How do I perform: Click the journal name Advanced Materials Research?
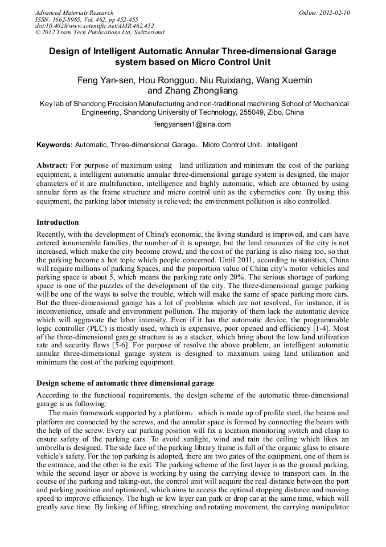tap(74, 13)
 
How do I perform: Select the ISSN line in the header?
tap(90, 19)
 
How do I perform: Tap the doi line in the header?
tap(95, 26)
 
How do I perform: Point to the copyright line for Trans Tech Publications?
tap(100, 33)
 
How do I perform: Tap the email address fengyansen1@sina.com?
tap(192, 124)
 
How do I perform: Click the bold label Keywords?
tap(54, 145)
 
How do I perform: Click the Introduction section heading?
tap(58, 222)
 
